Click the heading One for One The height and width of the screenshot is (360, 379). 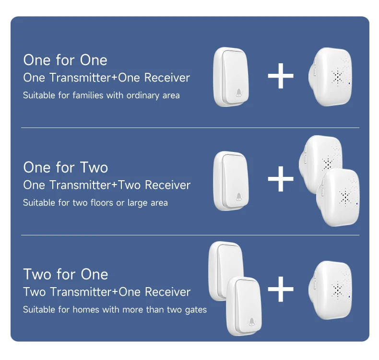click(x=65, y=60)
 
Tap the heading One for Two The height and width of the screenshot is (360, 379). click(x=66, y=167)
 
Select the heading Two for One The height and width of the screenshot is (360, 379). click(x=66, y=274)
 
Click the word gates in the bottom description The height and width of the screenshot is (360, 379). click(x=196, y=310)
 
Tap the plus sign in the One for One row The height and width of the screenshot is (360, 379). click(x=281, y=76)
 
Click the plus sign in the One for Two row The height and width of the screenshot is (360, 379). click(x=281, y=179)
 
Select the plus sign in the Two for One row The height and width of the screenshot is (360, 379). click(x=281, y=289)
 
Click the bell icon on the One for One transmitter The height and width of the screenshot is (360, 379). click(x=239, y=93)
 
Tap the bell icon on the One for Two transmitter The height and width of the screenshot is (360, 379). click(x=239, y=197)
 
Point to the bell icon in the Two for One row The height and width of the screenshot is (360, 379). click(x=251, y=322)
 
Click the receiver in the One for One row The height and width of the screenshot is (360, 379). click(x=330, y=77)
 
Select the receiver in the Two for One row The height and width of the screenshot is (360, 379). click(x=330, y=290)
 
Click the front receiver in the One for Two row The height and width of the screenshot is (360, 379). click(x=338, y=197)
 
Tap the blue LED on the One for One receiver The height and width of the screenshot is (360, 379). click(x=349, y=83)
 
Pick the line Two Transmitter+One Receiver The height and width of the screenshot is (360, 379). click(x=107, y=292)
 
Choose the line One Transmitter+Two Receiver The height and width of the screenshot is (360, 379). click(x=107, y=185)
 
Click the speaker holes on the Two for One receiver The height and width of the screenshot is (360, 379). click(x=337, y=289)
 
